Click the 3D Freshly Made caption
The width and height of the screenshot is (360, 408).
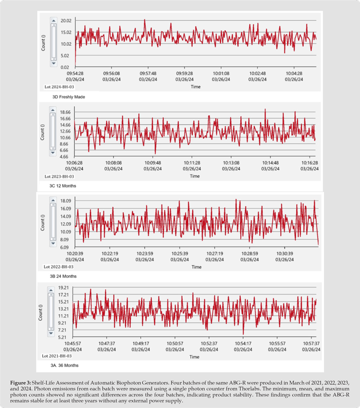click(68, 96)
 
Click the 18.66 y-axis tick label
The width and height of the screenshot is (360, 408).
click(67, 112)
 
